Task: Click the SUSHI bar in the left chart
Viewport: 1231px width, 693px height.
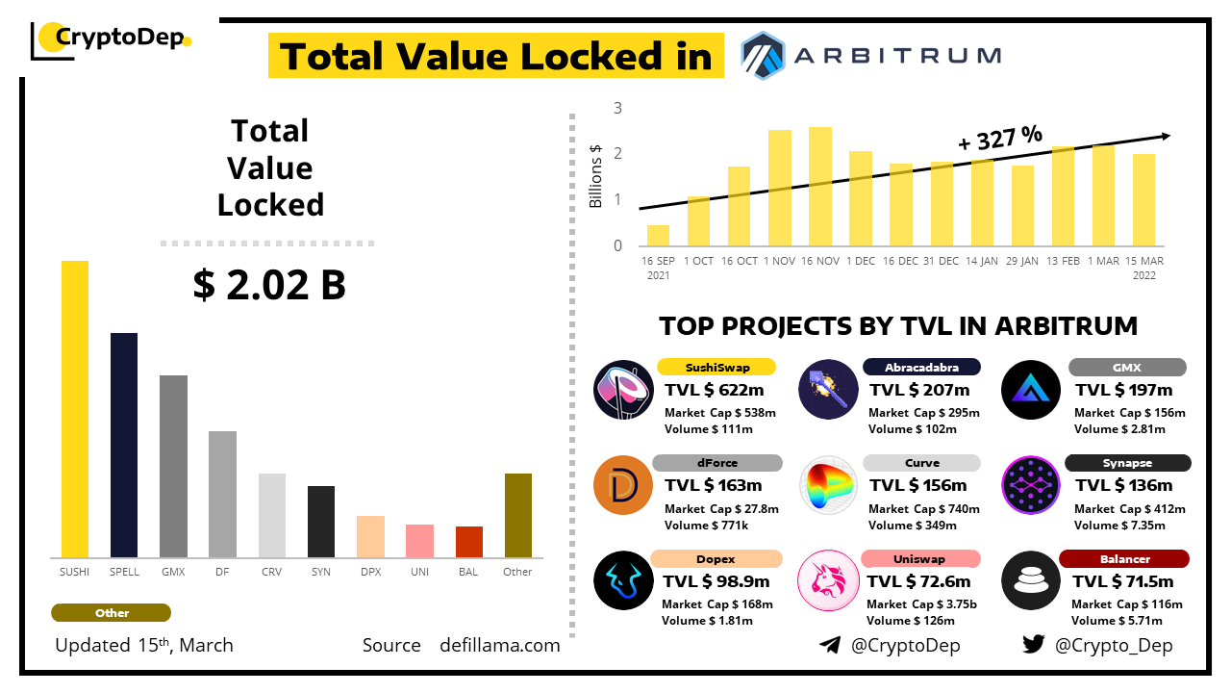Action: coord(75,409)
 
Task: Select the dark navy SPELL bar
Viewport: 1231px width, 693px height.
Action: coord(124,445)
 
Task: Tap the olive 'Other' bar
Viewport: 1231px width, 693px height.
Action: coord(517,515)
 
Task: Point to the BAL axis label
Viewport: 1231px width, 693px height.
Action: coord(468,572)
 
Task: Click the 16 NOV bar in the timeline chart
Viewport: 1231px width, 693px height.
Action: coord(820,186)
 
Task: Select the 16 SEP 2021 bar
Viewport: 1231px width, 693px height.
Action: coord(658,235)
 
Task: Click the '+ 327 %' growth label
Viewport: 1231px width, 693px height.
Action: coord(1000,139)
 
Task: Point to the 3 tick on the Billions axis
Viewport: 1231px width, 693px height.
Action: coord(617,108)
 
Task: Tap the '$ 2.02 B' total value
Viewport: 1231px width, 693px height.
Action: coord(269,285)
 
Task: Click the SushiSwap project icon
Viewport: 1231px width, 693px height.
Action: coord(623,389)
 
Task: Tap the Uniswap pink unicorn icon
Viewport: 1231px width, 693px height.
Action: coord(827,580)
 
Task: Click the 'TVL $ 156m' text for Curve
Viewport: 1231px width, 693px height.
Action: coord(918,485)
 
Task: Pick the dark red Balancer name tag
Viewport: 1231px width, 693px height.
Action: coord(1124,559)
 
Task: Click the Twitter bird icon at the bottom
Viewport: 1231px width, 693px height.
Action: coord(1034,645)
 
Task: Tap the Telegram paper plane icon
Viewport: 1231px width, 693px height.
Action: coord(830,645)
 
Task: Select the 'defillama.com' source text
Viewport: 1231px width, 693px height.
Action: coord(499,645)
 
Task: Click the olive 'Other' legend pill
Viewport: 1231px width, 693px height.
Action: coord(112,613)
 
